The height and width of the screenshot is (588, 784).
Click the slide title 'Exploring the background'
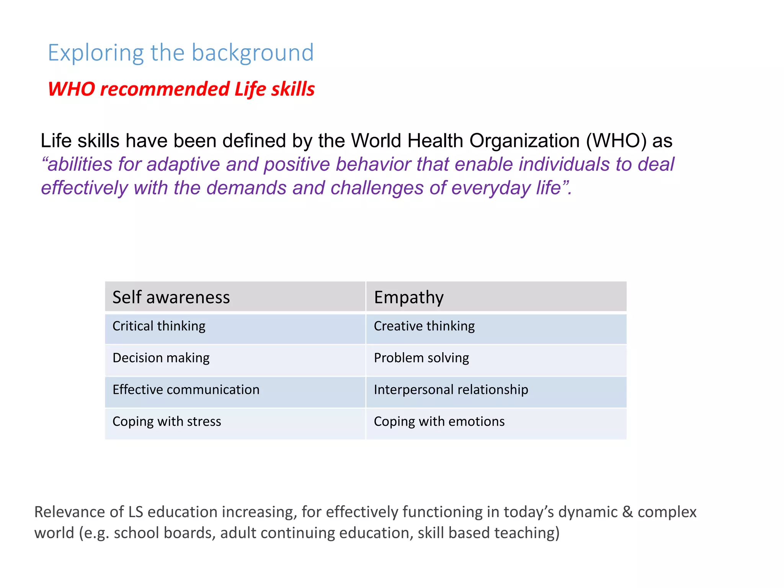click(x=181, y=52)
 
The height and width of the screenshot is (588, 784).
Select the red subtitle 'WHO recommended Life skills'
click(x=181, y=89)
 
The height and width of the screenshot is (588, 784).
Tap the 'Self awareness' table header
click(x=171, y=297)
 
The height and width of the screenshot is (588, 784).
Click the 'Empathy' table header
click(x=408, y=297)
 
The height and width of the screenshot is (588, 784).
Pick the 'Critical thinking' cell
click(x=159, y=326)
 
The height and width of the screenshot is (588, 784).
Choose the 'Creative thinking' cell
click(x=424, y=326)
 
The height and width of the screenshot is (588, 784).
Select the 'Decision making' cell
click(x=161, y=358)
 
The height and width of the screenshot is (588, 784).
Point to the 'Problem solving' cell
click(x=421, y=358)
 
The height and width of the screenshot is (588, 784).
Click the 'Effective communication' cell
click(x=186, y=390)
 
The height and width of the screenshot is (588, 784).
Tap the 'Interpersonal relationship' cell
click(x=451, y=390)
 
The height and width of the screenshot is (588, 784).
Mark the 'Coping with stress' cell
click(x=167, y=421)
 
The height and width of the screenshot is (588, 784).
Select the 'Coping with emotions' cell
click(x=439, y=421)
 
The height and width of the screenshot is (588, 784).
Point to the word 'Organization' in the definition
click(x=524, y=141)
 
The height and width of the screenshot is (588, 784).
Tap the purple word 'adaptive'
click(x=183, y=165)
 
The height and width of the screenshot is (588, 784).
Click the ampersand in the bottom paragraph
click(x=627, y=512)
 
